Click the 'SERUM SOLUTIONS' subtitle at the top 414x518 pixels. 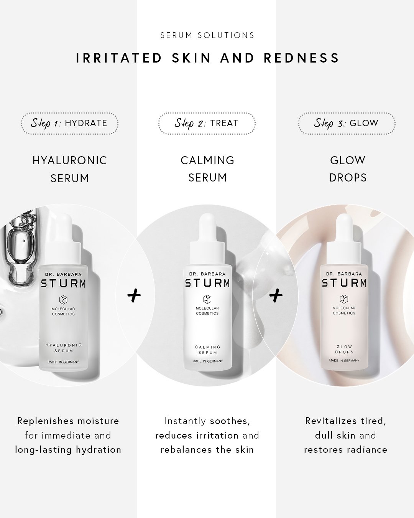(x=207, y=35)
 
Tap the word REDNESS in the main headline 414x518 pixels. (x=301, y=58)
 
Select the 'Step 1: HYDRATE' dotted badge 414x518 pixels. (x=69, y=123)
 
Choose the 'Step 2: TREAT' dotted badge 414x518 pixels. (x=207, y=123)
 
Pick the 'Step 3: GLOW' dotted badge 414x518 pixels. (x=347, y=123)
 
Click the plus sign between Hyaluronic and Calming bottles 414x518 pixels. (x=134, y=296)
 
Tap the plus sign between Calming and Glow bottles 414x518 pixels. (x=276, y=295)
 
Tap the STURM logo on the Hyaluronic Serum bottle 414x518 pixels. (x=64, y=284)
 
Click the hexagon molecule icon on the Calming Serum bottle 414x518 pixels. (x=207, y=299)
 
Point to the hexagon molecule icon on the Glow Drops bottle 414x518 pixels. (x=344, y=299)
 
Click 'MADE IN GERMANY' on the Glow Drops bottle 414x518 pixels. (x=344, y=360)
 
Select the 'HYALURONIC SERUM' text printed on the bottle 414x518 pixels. (x=64, y=348)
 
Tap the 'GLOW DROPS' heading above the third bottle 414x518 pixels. (x=348, y=169)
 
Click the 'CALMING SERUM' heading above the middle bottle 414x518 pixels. (x=207, y=169)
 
